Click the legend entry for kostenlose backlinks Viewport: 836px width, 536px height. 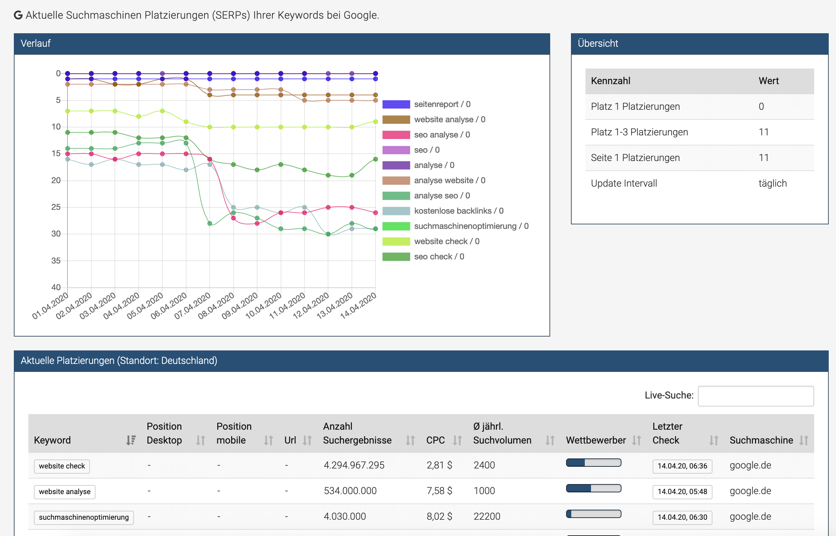(x=458, y=211)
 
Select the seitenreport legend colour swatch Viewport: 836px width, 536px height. (x=396, y=105)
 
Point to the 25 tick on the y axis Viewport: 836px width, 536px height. (x=56, y=207)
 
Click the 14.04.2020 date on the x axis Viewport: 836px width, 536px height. (x=358, y=305)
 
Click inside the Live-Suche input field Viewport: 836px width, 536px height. (x=755, y=396)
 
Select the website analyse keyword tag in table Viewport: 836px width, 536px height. (x=65, y=491)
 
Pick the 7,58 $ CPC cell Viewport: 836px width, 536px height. (x=439, y=491)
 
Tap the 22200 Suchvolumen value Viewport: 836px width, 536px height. (x=487, y=517)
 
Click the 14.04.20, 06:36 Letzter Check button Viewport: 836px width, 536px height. (x=682, y=466)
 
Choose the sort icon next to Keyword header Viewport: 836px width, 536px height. (x=131, y=440)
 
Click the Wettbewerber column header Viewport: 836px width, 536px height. (x=596, y=440)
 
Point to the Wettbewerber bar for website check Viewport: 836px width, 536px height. (x=593, y=463)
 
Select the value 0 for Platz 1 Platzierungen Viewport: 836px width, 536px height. (x=761, y=107)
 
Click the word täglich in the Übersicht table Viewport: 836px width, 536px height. (x=772, y=184)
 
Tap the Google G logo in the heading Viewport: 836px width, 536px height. (x=18, y=15)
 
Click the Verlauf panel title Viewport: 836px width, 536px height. (x=36, y=44)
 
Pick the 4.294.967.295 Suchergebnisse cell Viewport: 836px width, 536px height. (x=354, y=465)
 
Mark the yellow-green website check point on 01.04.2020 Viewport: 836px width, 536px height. (x=68, y=111)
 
